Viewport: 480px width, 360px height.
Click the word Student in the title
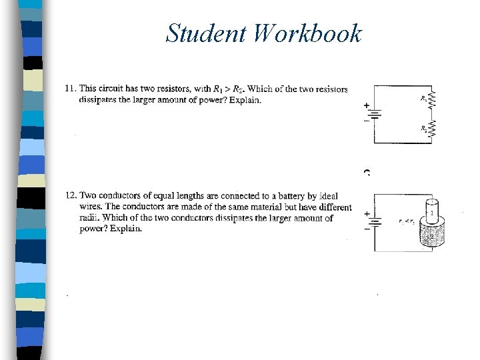pyautogui.click(x=206, y=33)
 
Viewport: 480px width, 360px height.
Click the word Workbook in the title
pyautogui.click(x=307, y=33)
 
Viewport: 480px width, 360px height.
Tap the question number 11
pyautogui.click(x=70, y=89)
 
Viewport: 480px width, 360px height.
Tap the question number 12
pyautogui.click(x=71, y=195)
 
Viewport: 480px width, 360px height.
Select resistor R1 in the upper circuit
pyautogui.click(x=431, y=101)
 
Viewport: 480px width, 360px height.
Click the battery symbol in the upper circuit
pyautogui.click(x=375, y=115)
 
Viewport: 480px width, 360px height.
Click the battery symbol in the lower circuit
pyautogui.click(x=375, y=222)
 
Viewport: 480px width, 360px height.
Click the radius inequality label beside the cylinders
pyautogui.click(x=407, y=222)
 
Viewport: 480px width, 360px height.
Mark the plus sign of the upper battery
pyautogui.click(x=366, y=105)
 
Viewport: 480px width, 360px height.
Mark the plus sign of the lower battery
pyautogui.click(x=366, y=213)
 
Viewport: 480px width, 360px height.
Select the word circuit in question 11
pyautogui.click(x=111, y=89)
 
